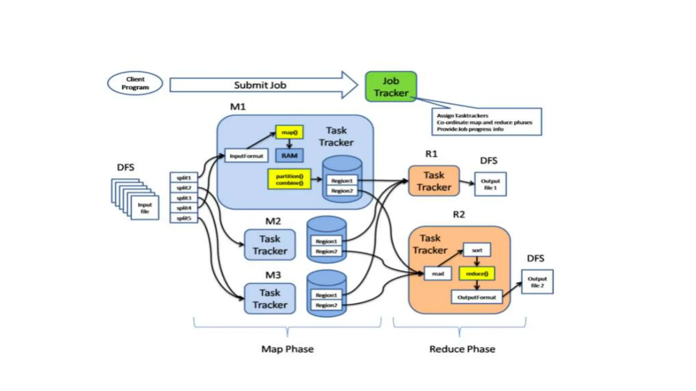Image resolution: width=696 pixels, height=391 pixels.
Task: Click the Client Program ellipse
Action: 135,83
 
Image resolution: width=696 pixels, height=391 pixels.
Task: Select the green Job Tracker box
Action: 391,87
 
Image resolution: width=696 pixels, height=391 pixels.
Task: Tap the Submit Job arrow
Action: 260,85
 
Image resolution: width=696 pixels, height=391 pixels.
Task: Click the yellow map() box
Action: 289,132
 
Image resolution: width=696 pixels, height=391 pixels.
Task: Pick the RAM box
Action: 289,156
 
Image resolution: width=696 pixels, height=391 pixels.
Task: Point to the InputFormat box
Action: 246,156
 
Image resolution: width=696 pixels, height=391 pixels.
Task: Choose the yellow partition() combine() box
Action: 289,179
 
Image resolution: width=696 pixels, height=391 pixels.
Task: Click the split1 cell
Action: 184,178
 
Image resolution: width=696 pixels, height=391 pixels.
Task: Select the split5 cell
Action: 184,218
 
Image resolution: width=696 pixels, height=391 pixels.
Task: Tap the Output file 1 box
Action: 490,184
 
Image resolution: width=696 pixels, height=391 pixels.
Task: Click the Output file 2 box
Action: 537,282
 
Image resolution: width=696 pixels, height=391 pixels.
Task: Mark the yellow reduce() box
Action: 477,274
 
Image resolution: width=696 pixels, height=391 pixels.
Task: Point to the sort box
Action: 477,250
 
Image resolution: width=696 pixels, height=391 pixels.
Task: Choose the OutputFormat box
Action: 476,297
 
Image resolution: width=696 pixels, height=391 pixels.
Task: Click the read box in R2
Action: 438,274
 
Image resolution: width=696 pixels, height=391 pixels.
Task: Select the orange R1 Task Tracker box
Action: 434,181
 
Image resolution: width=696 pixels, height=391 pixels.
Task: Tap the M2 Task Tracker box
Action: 270,245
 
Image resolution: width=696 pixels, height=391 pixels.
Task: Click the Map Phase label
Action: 288,349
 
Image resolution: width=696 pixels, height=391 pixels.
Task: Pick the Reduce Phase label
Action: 462,349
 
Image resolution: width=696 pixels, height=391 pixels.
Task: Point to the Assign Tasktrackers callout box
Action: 486,122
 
